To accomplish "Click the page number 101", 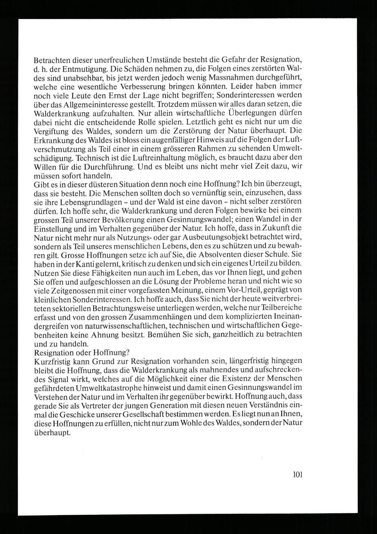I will [x=297, y=474].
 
